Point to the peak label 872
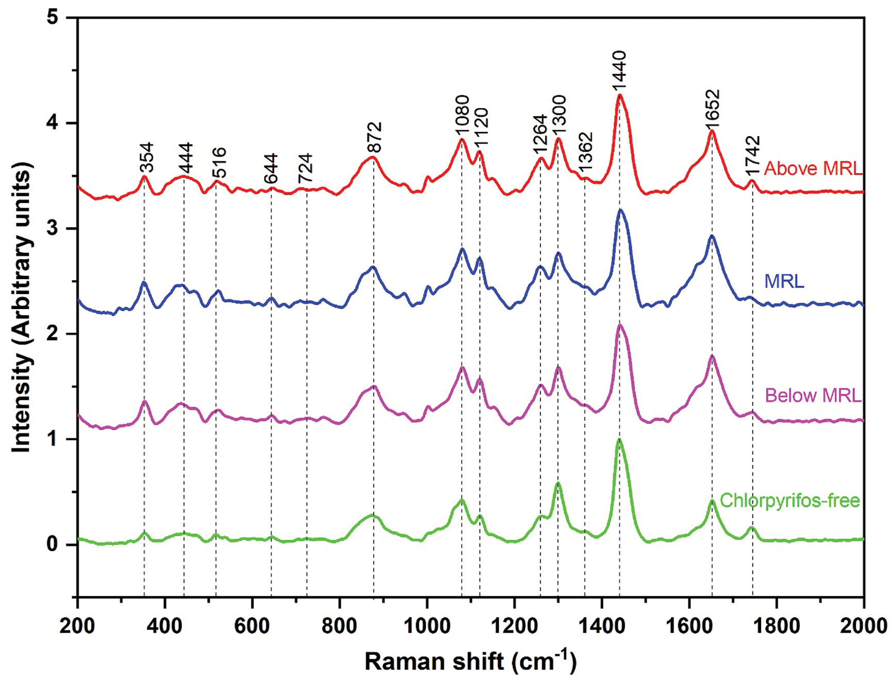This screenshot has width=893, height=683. tap(375, 137)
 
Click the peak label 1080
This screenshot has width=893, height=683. tap(462, 115)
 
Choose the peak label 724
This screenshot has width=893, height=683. tap(306, 168)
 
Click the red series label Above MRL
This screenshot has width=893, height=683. tap(812, 168)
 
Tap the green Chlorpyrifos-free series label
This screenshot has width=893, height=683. tap(789, 500)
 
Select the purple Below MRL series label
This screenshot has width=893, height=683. tap(813, 395)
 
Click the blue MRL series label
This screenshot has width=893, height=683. tap(784, 281)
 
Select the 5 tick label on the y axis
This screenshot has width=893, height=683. tap(53, 18)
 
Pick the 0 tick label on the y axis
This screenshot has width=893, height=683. tap(53, 544)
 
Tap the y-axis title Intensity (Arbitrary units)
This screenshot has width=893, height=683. tap(22, 307)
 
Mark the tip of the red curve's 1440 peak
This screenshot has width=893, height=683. tap(620, 95)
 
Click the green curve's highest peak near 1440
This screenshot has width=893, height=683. tap(619, 439)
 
